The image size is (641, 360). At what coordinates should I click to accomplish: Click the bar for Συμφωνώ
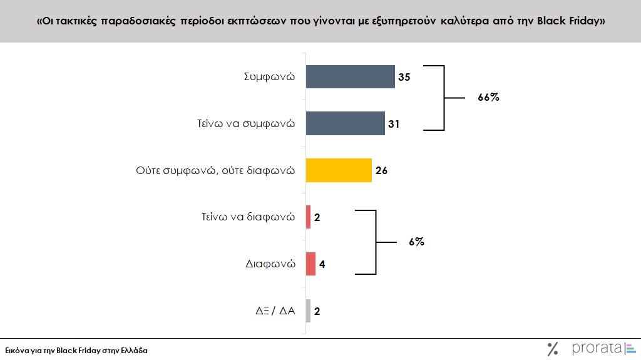[x=350, y=77]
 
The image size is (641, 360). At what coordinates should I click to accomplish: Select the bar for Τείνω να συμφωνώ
[x=345, y=123]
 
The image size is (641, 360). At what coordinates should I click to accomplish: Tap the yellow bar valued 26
[x=339, y=170]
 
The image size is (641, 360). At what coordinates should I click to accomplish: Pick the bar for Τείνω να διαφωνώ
[x=308, y=217]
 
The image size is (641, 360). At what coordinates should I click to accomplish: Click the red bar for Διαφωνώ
[x=310, y=264]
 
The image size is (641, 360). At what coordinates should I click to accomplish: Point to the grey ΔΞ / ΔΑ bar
[x=308, y=311]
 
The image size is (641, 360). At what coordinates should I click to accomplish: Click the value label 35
[x=404, y=78]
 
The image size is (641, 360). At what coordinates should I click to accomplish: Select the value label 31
[x=394, y=124]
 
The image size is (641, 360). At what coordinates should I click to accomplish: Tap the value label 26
[x=381, y=170]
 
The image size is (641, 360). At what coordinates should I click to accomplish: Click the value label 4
[x=322, y=264]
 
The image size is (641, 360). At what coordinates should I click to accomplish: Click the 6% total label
[x=417, y=241]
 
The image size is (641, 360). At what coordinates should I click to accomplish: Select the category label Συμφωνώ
[x=269, y=77]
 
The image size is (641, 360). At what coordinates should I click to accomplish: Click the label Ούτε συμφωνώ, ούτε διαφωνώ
[x=215, y=170]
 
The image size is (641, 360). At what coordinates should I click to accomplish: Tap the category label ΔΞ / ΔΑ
[x=272, y=311]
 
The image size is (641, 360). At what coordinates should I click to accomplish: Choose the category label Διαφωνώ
[x=270, y=264]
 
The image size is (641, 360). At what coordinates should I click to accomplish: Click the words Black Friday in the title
[x=571, y=21]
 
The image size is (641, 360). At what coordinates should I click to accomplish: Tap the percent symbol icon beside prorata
[x=553, y=349]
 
